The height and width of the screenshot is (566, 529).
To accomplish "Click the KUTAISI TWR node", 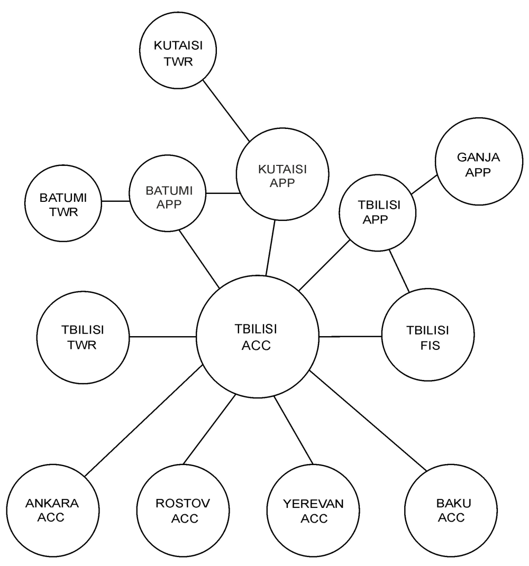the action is [178, 50].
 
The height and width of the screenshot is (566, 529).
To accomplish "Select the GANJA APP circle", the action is [479, 161].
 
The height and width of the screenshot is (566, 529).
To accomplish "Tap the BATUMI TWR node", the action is [63, 203].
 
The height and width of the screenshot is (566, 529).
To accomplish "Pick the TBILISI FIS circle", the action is [428, 335].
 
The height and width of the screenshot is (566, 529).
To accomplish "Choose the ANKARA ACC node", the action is [53, 511].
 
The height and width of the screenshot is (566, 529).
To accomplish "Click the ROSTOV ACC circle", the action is [183, 511].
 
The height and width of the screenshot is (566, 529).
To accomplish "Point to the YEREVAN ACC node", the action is [313, 511].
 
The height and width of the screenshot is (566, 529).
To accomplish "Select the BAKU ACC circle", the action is [451, 511].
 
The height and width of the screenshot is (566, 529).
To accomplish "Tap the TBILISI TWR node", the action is [83, 337].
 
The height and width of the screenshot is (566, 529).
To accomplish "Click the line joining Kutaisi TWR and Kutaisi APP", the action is [226, 111].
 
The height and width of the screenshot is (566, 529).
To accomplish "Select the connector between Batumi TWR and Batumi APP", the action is [115, 201].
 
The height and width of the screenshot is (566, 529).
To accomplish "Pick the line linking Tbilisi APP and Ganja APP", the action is [424, 184].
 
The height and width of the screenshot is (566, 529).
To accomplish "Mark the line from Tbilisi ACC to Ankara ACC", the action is [143, 421].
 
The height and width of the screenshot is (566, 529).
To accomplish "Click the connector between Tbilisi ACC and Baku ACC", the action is [368, 421].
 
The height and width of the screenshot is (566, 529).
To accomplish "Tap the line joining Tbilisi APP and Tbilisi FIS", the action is [399, 271].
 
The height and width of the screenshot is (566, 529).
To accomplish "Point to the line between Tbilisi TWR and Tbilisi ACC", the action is [162, 337].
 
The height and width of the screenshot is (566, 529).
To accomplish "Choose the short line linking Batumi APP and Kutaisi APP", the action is [223, 193].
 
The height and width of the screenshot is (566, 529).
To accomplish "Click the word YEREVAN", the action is [313, 504].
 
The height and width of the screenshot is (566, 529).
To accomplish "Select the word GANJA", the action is [478, 157].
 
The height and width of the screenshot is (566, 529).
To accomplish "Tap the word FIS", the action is [430, 346].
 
